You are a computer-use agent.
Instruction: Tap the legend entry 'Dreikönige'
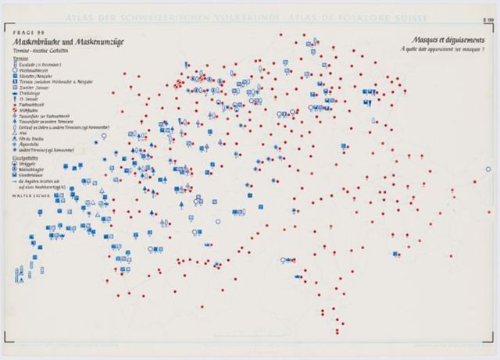pos(35,94)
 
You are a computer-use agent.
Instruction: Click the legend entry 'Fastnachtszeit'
pos(40,105)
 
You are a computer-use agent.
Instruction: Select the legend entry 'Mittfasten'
pos(35,111)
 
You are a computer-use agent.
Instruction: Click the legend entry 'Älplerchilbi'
pos(37,143)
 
